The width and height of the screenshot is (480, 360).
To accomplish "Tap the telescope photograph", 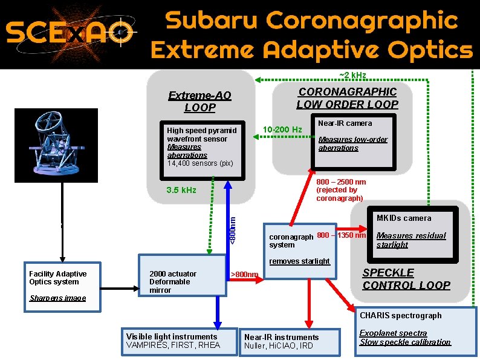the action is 58,145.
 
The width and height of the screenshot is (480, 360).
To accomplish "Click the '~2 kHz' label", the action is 352,75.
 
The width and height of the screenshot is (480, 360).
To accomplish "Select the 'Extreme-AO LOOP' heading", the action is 199,102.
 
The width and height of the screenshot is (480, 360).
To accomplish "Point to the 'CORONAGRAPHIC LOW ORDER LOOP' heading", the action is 347,97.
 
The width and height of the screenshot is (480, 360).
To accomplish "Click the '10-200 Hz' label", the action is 282,129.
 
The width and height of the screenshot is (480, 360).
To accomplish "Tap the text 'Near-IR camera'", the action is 345,123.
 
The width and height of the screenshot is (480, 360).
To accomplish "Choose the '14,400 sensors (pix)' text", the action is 199,163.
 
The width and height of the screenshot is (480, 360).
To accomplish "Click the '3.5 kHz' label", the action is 181,190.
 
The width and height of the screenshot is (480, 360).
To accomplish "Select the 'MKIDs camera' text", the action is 403,218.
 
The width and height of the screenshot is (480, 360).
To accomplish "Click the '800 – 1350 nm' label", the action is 342,235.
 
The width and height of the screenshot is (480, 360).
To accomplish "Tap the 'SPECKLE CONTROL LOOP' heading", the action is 406,279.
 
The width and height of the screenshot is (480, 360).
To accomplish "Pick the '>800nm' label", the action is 245,275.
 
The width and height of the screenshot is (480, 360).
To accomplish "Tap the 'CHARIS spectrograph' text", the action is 400,315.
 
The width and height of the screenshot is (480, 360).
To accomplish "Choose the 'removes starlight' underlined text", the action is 299,261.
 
